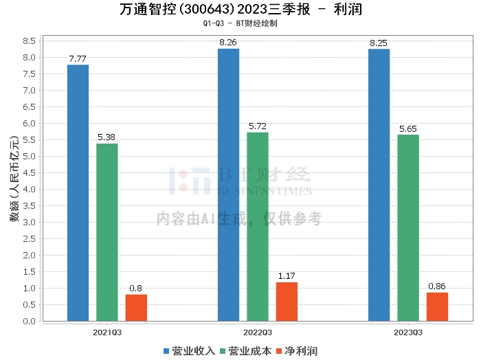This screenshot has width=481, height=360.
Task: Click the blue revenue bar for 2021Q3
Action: [78, 192]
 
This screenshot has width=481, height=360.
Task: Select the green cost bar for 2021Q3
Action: [107, 232]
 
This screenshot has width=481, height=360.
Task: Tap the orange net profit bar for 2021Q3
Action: [136, 308]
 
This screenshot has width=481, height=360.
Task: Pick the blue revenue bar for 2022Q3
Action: [228, 185]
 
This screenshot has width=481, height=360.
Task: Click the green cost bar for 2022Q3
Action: [258, 227]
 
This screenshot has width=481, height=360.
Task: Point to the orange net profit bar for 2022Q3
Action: [287, 302]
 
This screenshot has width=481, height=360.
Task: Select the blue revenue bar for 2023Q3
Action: [379, 185]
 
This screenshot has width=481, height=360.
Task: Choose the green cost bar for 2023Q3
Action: [408, 227]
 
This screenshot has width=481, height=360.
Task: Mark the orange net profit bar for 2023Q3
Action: [437, 306]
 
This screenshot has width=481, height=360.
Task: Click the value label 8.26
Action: [228, 43]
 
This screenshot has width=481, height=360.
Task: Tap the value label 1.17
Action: [287, 276]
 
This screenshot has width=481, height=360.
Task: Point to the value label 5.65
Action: [408, 128]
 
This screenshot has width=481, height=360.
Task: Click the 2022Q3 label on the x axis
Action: [258, 331]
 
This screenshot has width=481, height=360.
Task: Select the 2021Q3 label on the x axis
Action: [107, 331]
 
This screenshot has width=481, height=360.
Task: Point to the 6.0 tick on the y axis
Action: [28, 124]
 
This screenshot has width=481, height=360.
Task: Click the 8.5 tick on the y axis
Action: [28, 41]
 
